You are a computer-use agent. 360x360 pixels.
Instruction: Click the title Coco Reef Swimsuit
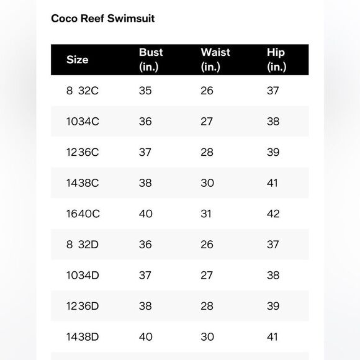click(x=103, y=19)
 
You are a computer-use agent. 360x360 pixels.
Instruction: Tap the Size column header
click(x=78, y=60)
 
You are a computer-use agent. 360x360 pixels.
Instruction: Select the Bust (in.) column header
click(x=151, y=60)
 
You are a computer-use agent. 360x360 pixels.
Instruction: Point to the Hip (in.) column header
click(x=276, y=60)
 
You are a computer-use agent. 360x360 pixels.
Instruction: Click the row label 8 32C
click(x=82, y=91)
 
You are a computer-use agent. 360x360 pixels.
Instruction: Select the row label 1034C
click(x=83, y=122)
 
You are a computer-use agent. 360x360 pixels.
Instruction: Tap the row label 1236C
click(x=83, y=152)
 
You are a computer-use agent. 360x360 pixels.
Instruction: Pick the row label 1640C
click(x=83, y=214)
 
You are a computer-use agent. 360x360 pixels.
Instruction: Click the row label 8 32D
click(x=83, y=245)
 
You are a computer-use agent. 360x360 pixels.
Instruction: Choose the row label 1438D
click(x=83, y=337)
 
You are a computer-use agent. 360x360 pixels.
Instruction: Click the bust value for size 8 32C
click(x=145, y=91)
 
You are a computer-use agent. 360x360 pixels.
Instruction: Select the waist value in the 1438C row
click(x=207, y=183)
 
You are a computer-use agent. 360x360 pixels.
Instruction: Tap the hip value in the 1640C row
click(x=273, y=214)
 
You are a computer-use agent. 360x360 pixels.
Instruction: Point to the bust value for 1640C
click(x=145, y=214)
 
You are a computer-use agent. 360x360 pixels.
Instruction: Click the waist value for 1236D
click(x=207, y=306)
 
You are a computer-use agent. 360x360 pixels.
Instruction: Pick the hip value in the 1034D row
click(x=273, y=275)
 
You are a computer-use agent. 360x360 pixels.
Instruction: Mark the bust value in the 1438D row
click(x=145, y=337)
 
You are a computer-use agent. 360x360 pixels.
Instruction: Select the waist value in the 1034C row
click(x=207, y=122)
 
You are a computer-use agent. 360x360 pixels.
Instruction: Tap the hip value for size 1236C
click(x=273, y=152)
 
